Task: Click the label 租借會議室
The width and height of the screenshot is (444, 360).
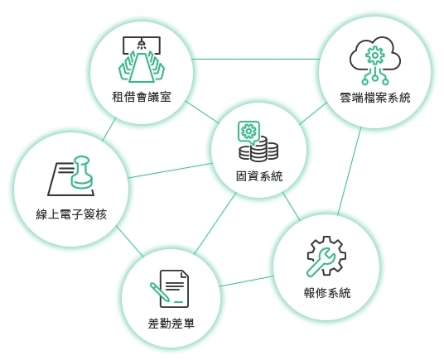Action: [142, 97]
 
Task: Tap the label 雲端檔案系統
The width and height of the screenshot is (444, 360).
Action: [375, 98]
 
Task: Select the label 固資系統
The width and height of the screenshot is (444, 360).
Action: [259, 176]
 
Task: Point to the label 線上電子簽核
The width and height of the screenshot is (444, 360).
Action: [71, 214]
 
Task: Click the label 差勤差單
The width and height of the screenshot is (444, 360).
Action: [171, 324]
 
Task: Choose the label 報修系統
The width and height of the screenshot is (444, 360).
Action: [327, 293]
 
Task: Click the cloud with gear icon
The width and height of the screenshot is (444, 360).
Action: [375, 60]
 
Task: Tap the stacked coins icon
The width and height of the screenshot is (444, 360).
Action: [258, 149]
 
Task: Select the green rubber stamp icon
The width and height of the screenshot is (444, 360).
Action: [81, 172]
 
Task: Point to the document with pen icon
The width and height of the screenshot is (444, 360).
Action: [169, 289]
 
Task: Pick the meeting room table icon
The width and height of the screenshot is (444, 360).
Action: [142, 60]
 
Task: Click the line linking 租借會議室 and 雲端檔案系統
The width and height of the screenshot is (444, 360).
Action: [256, 59]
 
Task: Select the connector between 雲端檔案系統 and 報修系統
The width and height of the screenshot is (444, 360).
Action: [350, 170]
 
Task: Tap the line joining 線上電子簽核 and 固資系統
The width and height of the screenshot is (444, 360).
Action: [170, 170]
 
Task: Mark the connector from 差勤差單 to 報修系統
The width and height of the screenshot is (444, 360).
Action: [247, 281]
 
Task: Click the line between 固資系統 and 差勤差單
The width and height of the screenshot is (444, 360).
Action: [215, 223]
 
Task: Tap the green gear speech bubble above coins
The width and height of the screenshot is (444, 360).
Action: [249, 132]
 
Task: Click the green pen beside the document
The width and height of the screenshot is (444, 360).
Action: [160, 292]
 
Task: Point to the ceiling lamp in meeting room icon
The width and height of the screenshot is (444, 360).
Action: [142, 43]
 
